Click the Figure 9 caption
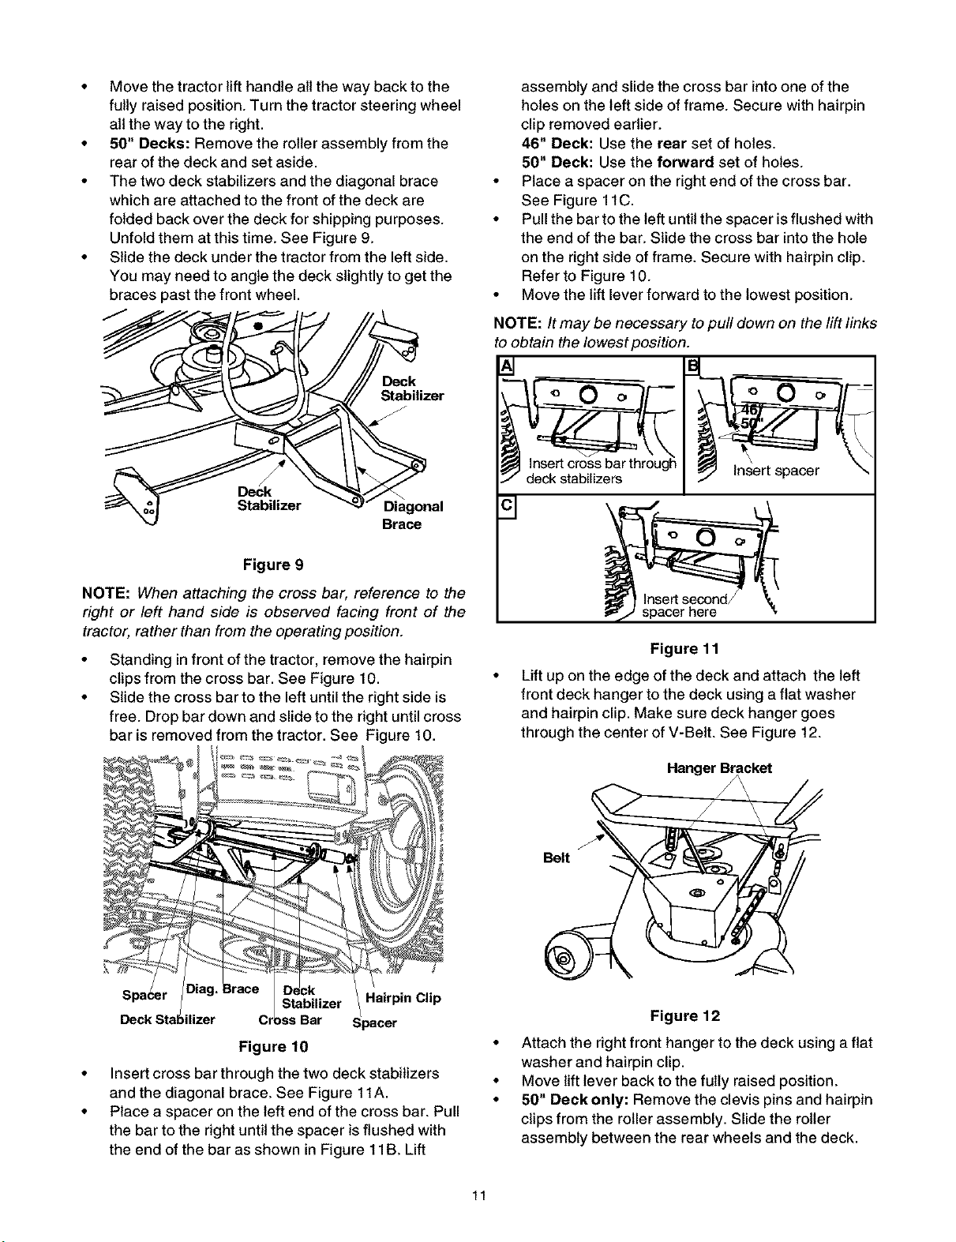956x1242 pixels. pyautogui.click(x=272, y=565)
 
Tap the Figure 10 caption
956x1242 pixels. pyautogui.click(x=272, y=1047)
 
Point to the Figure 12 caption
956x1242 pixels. pyautogui.click(x=685, y=1015)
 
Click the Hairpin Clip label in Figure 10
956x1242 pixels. pyautogui.click(x=406, y=998)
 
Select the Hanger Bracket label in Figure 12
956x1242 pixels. pyautogui.click(x=719, y=767)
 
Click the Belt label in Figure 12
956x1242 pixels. pyautogui.click(x=557, y=858)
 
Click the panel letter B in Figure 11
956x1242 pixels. pyautogui.click(x=694, y=368)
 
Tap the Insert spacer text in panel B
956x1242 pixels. pyautogui.click(x=776, y=471)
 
